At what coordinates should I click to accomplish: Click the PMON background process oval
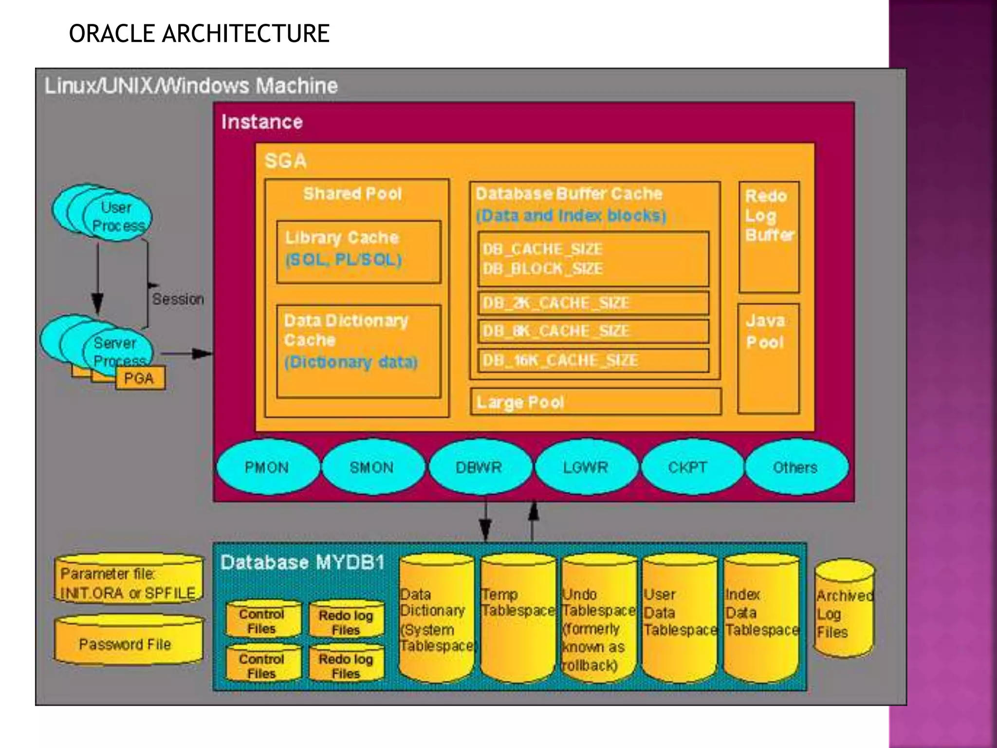[x=267, y=467]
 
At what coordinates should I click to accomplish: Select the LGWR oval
[x=586, y=467]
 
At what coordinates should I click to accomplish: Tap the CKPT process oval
[x=687, y=467]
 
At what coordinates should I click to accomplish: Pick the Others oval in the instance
[x=795, y=467]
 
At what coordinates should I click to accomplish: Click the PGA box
[x=140, y=378]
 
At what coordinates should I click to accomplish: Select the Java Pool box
[x=768, y=358]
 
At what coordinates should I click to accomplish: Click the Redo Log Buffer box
[x=769, y=237]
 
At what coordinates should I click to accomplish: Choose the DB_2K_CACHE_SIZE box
[x=593, y=303]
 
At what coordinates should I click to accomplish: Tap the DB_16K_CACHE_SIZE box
[x=593, y=360]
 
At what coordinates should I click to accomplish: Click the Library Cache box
[x=358, y=252]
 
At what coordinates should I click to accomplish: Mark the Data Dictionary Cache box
[x=358, y=351]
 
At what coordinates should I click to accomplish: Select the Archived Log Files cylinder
[x=844, y=609]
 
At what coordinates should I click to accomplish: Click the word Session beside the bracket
[x=178, y=299]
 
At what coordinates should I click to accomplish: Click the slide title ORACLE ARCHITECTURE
[x=199, y=34]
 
